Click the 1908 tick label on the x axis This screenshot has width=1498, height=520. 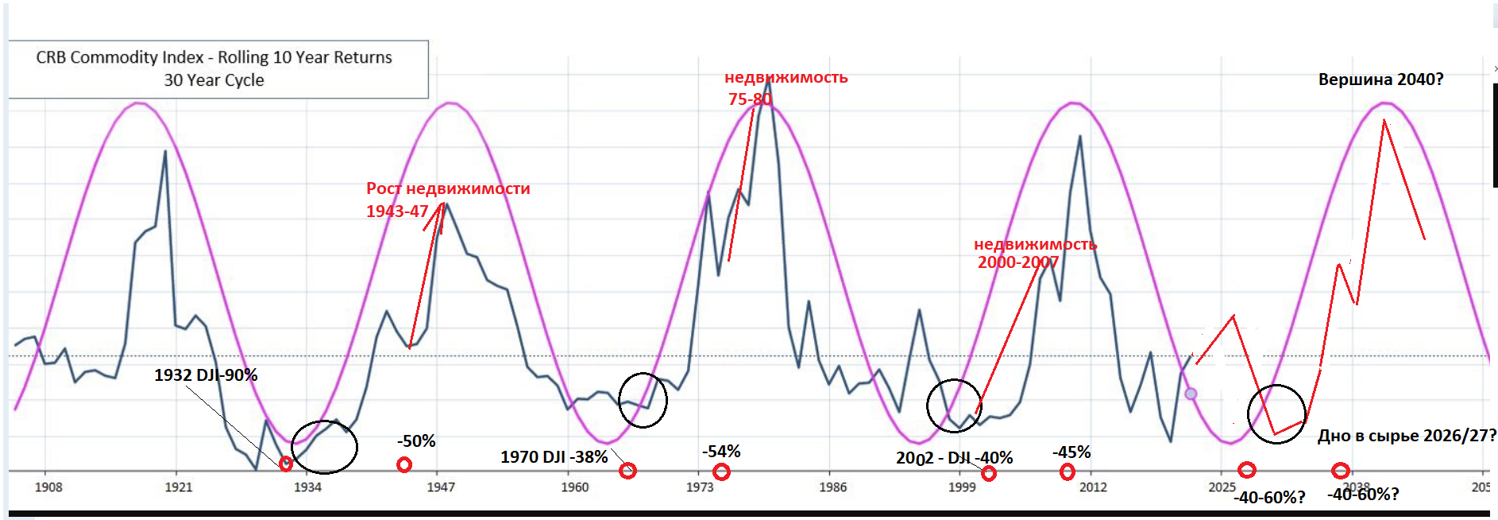pyautogui.click(x=48, y=487)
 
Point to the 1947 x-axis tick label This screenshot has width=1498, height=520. pyautogui.click(x=441, y=487)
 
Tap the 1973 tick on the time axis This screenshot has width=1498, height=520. pyautogui.click(x=700, y=487)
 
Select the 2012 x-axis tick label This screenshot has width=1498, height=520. pyautogui.click(x=1093, y=487)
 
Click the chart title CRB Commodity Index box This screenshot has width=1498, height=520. pyautogui.click(x=214, y=68)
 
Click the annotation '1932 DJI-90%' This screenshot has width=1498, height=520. pyautogui.click(x=206, y=375)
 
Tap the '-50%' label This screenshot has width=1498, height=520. pyautogui.click(x=416, y=441)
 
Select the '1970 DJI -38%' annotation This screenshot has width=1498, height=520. pyautogui.click(x=554, y=457)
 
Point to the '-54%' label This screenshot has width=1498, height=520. pyautogui.click(x=721, y=452)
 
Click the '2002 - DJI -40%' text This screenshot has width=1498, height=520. pyautogui.click(x=954, y=458)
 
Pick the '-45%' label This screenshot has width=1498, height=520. pyautogui.click(x=1071, y=452)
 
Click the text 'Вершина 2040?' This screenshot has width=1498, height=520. pyautogui.click(x=1380, y=80)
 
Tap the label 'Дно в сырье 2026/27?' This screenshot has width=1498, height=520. pyautogui.click(x=1407, y=436)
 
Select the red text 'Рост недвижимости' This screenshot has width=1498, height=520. pyautogui.click(x=448, y=188)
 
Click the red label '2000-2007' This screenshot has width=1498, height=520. pyautogui.click(x=1017, y=262)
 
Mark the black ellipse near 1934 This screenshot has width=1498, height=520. pyautogui.click(x=324, y=447)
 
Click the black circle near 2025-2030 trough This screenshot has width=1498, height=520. pyautogui.click(x=1276, y=414)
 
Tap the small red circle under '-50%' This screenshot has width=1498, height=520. pyautogui.click(x=404, y=464)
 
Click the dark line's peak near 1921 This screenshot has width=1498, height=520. pyautogui.click(x=165, y=150)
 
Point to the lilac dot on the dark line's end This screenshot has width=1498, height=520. pyautogui.click(x=1191, y=394)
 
